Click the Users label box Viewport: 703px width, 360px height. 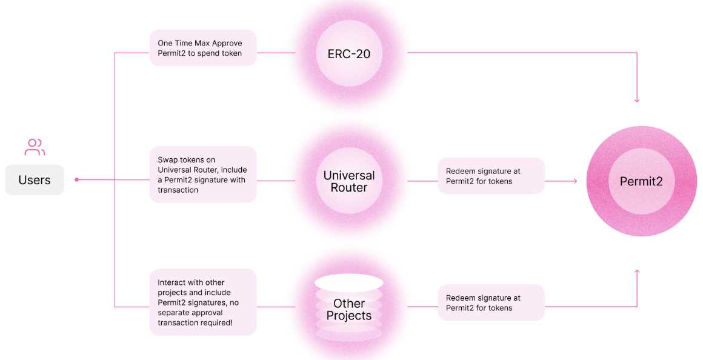click(35, 180)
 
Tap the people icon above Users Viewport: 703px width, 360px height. click(35, 147)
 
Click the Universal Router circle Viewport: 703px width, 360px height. click(348, 181)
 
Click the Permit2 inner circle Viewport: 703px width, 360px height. click(641, 181)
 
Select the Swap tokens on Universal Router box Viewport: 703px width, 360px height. click(202, 175)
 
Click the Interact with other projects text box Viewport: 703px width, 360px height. click(202, 302)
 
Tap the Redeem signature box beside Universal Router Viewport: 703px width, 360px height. click(491, 176)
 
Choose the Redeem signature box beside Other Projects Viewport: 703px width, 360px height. click(491, 302)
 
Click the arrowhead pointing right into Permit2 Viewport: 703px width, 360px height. click(574, 181)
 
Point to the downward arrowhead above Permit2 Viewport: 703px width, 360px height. click(636, 99)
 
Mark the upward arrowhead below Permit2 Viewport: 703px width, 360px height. click(636, 272)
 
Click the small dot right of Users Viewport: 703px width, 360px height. click(76, 180)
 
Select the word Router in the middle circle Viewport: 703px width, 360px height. click(348, 188)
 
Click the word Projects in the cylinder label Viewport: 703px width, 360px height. click(348, 316)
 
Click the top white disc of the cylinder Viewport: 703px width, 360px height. click(348, 282)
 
